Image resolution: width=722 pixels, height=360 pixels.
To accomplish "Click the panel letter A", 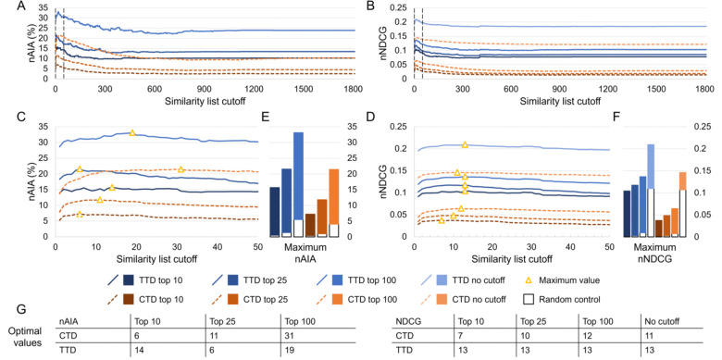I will pos(8,6).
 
